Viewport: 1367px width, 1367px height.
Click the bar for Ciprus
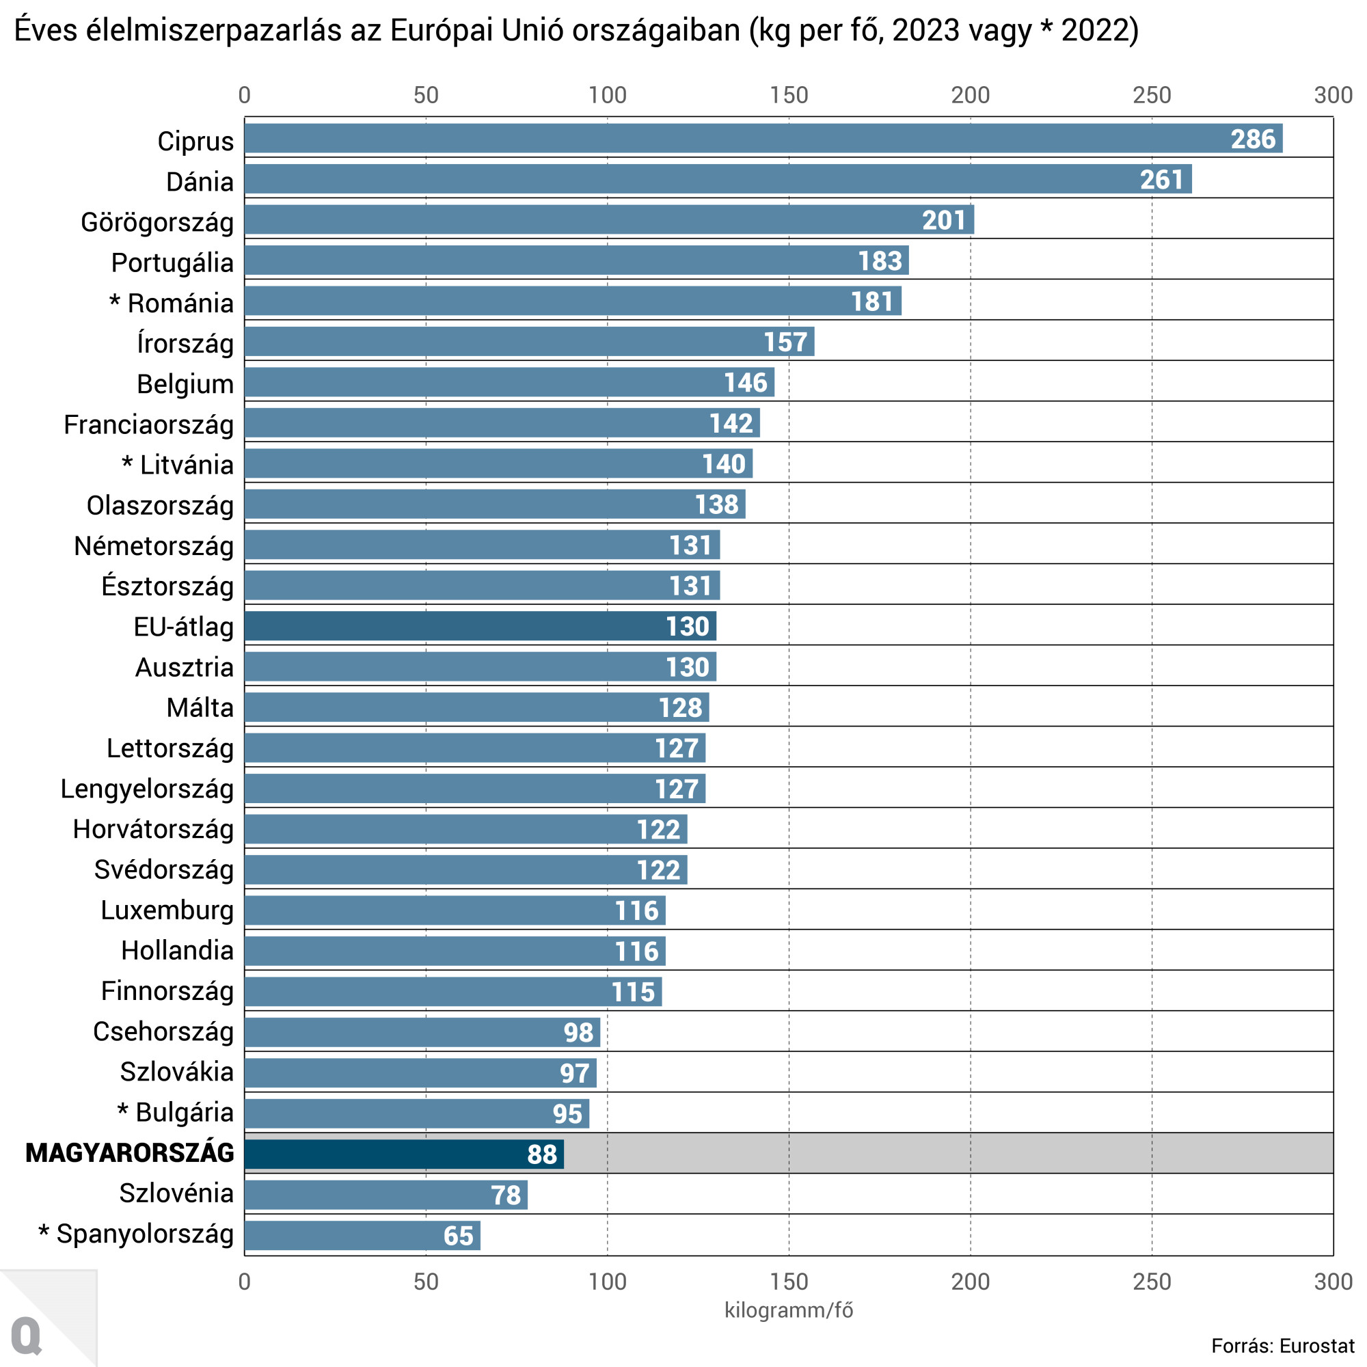point(763,139)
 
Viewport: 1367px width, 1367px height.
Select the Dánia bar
point(718,179)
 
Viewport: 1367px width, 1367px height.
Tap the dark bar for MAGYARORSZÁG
point(403,1154)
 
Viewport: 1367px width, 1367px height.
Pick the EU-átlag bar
point(480,626)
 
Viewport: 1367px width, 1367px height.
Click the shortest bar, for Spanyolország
point(362,1235)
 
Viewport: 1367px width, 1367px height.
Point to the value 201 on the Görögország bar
point(943,220)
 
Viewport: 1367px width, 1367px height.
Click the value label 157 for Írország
point(785,342)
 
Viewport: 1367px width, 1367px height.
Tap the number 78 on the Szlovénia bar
point(506,1195)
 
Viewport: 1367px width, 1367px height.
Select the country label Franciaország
point(148,424)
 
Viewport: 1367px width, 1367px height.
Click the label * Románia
point(172,303)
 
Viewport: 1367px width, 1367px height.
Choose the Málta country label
point(200,707)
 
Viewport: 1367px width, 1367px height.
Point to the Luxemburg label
point(167,910)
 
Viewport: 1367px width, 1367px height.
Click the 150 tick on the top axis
point(788,95)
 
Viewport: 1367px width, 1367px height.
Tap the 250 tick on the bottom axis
point(1151,1282)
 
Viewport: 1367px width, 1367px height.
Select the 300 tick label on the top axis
point(1332,95)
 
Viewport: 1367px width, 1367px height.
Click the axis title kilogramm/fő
point(788,1310)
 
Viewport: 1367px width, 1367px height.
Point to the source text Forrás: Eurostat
point(1282,1346)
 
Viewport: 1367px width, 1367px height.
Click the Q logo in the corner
point(27,1336)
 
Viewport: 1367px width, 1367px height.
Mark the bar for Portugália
point(576,260)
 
